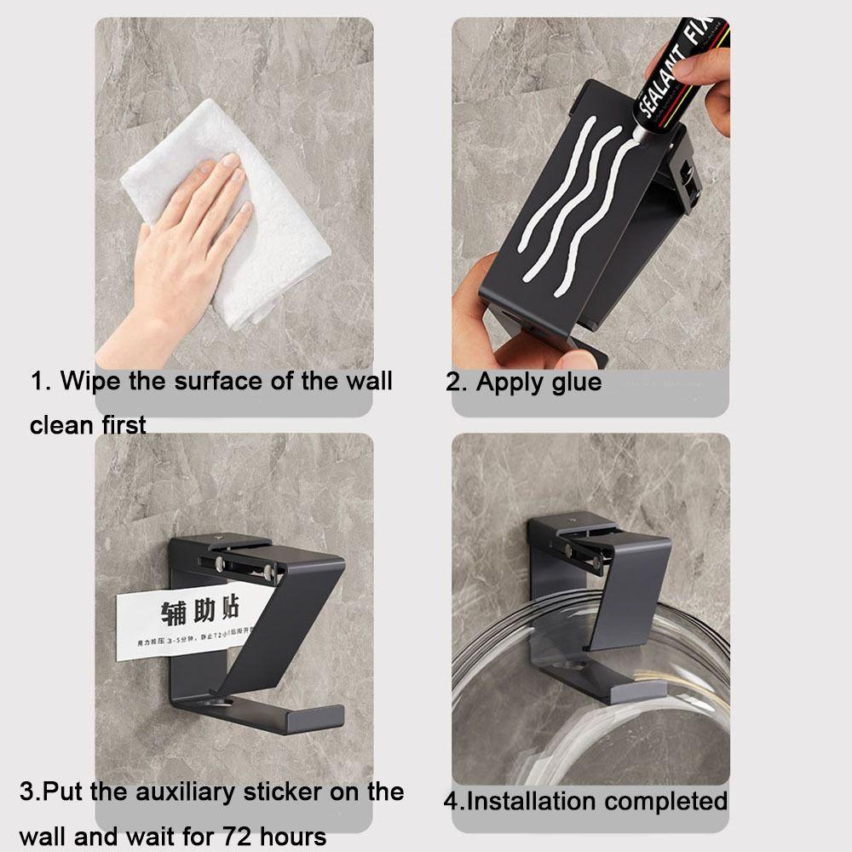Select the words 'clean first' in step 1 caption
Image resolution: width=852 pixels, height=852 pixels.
pos(88,423)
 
